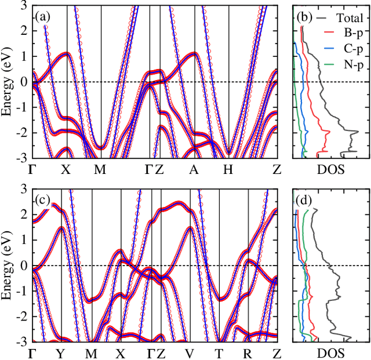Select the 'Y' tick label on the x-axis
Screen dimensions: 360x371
61,353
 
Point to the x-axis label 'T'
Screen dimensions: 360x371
219,353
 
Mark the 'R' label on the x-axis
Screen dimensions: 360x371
248,353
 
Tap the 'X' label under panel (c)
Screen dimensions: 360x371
121,353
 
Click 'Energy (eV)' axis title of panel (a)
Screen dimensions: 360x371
8,81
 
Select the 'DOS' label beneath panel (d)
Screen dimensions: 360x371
331,353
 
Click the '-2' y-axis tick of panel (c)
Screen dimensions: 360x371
23,317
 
